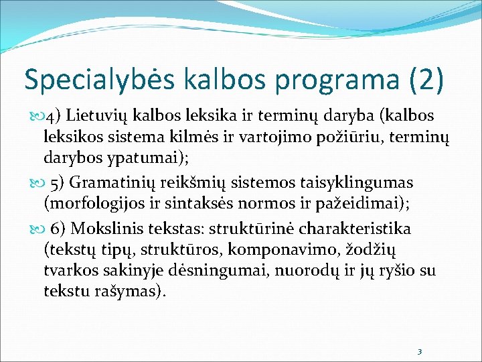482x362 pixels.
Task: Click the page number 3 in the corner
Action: (418, 351)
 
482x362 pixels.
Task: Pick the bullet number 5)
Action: (58, 182)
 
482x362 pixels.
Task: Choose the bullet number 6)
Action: (58, 229)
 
